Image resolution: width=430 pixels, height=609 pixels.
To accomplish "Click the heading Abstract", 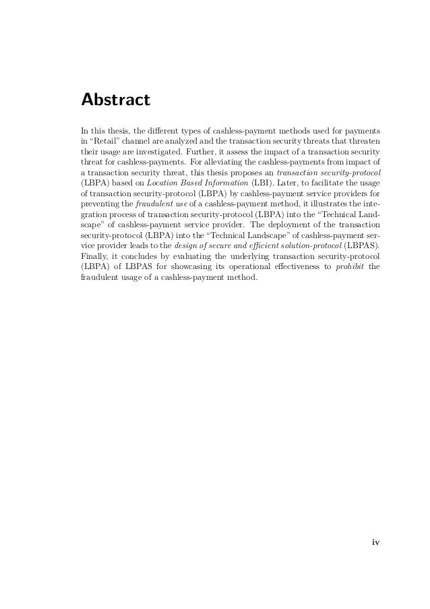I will (115, 100).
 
